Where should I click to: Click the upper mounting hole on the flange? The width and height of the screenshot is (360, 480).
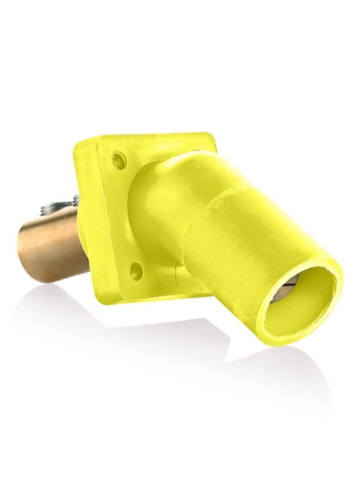coord(118,161)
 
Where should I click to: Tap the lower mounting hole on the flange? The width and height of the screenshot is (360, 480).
coord(137,270)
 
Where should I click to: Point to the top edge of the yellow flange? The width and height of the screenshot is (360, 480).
coord(152,138)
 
